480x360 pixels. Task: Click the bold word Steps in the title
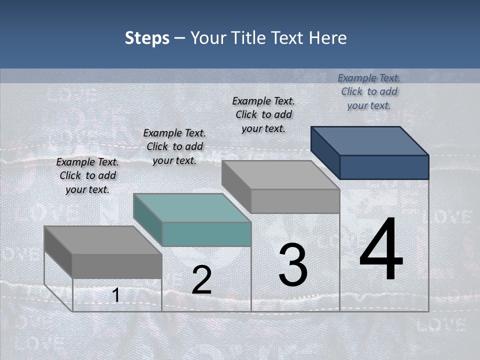coord(147,38)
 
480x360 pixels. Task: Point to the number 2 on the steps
coord(201,280)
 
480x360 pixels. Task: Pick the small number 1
coord(115,295)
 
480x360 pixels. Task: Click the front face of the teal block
coord(206,234)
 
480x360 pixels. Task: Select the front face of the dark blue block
coord(384,167)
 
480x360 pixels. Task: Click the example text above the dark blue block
coord(369,91)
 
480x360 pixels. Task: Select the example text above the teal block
coord(174,146)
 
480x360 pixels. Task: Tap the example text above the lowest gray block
coord(87,175)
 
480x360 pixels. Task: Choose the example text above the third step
coord(263,114)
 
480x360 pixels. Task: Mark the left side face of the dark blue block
coord(325,153)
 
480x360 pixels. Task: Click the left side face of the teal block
coord(148,220)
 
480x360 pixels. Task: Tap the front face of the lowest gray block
coord(117,266)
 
